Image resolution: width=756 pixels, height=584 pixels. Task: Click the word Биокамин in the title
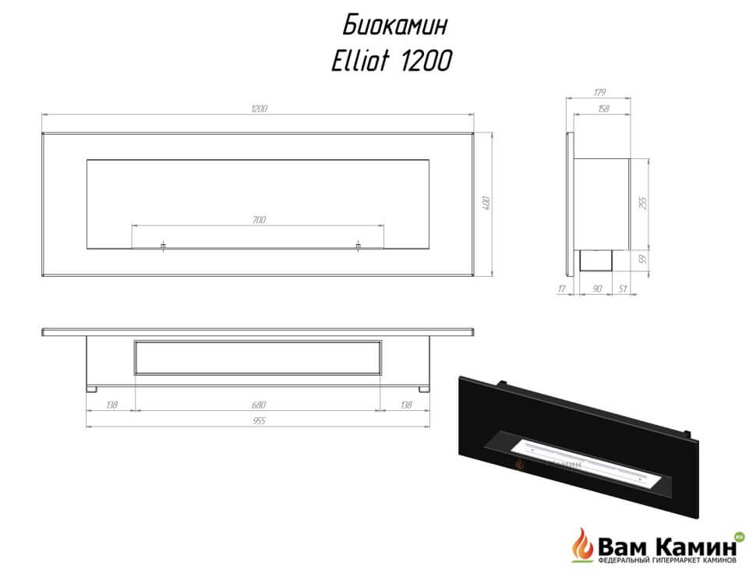point(395,25)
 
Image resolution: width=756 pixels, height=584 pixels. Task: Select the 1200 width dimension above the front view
point(259,108)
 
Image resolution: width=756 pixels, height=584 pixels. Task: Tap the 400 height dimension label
point(486,203)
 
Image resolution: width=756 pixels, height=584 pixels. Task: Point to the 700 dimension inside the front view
point(259,220)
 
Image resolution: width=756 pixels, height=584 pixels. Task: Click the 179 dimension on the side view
point(599,92)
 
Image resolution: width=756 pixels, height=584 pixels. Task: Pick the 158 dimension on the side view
point(603,109)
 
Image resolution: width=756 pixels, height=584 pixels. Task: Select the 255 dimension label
point(643,202)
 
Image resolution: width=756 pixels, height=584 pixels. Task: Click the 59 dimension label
point(643,260)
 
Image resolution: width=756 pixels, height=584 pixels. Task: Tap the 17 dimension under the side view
point(562,288)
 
